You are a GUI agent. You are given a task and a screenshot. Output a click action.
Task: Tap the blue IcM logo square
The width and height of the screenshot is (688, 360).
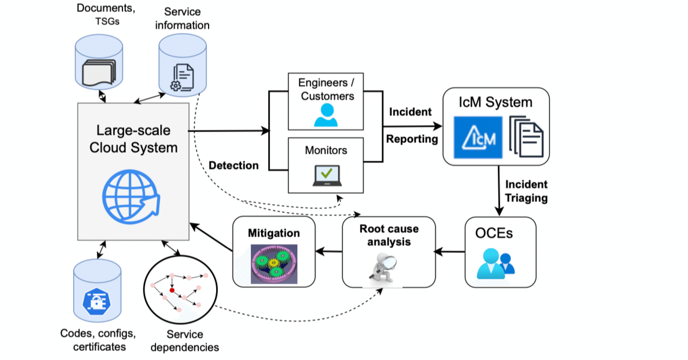tap(478, 137)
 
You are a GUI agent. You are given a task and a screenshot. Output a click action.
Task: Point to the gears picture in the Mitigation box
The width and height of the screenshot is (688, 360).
tap(274, 264)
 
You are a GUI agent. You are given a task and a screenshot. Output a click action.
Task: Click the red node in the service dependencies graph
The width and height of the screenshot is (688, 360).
tap(172, 290)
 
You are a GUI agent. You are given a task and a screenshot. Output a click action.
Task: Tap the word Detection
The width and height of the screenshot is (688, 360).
tap(234, 165)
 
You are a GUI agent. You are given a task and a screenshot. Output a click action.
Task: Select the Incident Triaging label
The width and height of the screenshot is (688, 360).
tap(526, 191)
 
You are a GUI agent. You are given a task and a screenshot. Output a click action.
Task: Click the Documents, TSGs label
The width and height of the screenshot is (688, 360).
tap(99, 15)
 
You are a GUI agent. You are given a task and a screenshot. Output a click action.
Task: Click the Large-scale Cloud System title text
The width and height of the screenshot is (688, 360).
tap(133, 139)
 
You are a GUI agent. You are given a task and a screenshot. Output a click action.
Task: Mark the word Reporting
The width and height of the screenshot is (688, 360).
tap(412, 139)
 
